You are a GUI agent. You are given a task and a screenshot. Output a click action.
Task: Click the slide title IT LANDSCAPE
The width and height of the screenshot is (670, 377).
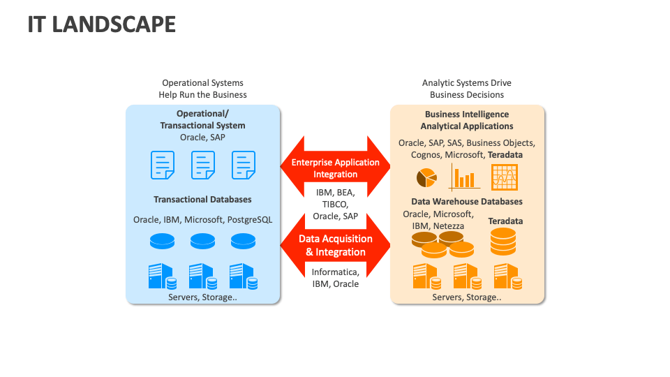point(101,24)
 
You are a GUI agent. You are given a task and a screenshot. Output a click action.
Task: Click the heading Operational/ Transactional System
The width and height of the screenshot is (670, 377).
point(202,119)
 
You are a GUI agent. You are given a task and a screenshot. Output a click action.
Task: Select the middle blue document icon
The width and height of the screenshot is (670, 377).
point(202,165)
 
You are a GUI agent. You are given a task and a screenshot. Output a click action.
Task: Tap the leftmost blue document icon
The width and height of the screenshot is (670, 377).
point(162,165)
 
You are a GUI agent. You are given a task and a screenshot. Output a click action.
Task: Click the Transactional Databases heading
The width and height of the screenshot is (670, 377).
point(202,200)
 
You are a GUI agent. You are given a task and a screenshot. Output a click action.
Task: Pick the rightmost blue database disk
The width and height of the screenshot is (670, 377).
point(243,241)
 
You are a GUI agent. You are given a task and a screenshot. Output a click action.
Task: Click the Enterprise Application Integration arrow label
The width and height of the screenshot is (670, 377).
point(335,168)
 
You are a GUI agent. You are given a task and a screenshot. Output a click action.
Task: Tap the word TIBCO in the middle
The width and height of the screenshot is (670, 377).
point(335,204)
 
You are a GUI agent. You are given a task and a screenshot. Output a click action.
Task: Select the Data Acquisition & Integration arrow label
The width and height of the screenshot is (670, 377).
point(335,245)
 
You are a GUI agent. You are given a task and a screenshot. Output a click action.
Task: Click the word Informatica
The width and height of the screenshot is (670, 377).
point(335,272)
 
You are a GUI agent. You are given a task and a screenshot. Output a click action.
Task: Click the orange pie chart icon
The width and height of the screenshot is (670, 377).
point(426,179)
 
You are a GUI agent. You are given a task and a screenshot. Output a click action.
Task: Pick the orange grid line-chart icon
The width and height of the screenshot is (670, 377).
point(504,177)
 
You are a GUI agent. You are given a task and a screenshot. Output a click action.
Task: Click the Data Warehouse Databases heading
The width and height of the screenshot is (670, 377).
point(466,202)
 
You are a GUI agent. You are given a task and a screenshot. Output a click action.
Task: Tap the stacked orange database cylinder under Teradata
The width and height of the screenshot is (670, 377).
point(502,242)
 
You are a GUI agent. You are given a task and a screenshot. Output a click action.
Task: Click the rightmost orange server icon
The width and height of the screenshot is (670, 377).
point(507,276)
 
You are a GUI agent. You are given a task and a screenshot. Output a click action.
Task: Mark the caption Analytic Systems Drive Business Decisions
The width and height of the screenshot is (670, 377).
point(466,89)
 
